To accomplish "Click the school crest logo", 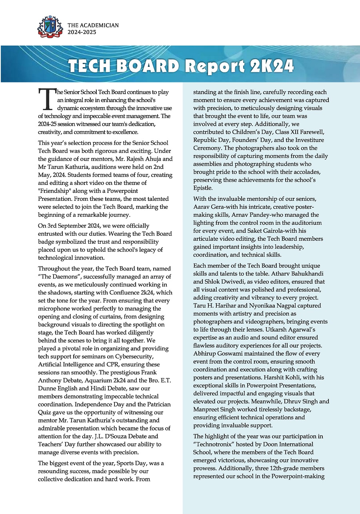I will (50, 27).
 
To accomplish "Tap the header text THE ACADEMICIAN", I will (93, 25).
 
